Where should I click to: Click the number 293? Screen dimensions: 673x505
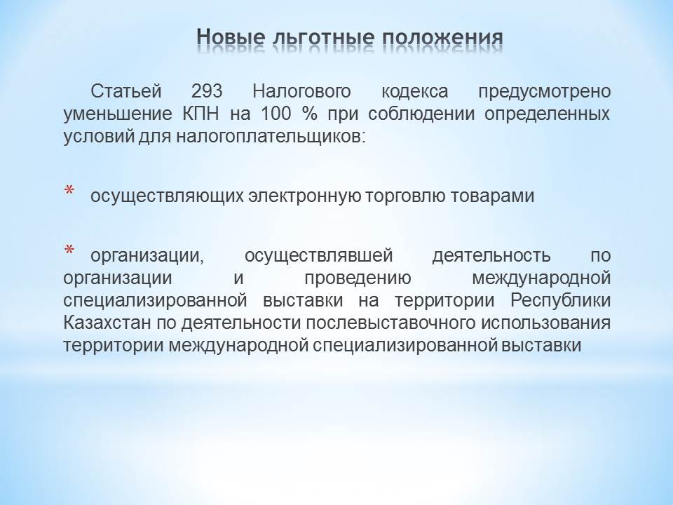(207, 91)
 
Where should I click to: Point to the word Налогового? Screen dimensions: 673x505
(301, 92)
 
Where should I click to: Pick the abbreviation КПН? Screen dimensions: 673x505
(201, 114)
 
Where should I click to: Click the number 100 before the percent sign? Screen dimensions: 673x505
(276, 114)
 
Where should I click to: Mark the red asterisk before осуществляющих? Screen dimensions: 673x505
(69, 190)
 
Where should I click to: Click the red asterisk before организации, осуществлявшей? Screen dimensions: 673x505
(69, 250)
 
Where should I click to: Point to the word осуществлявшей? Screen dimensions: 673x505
(319, 256)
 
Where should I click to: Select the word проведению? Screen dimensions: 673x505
(358, 278)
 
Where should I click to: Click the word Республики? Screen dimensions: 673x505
(561, 301)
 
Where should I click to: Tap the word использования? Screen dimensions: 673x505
(545, 323)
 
